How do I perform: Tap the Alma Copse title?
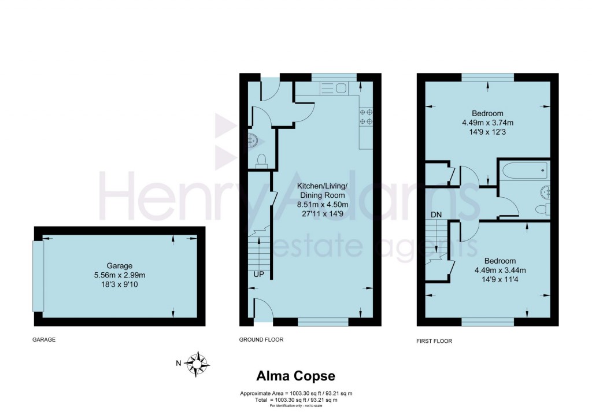coord(295,376)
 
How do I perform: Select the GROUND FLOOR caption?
coord(261,340)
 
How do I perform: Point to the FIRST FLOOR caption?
coord(434,341)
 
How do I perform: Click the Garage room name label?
coord(120,267)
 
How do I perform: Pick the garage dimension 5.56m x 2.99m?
coord(120,275)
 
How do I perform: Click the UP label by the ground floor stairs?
coord(258,274)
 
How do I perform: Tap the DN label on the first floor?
coord(436,215)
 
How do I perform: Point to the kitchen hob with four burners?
coord(366,117)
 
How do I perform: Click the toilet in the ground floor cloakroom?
coord(261,159)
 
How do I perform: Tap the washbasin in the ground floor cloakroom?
coord(253,139)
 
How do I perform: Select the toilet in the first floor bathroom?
coord(542,210)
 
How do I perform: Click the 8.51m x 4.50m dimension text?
coord(322,204)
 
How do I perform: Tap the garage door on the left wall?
coord(38,276)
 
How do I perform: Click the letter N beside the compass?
coord(179,363)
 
